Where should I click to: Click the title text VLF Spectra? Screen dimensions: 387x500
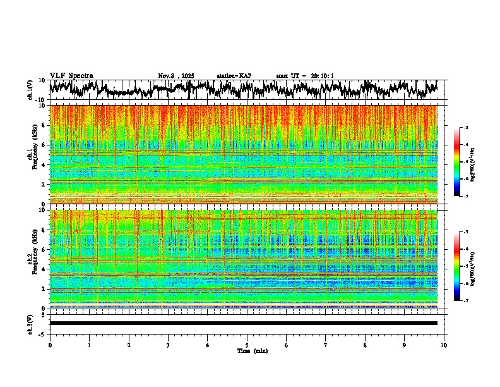tap(71, 75)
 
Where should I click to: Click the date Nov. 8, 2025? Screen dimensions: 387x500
tap(176, 76)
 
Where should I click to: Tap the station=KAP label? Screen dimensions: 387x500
tap(234, 76)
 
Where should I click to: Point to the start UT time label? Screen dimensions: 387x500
tap(305, 76)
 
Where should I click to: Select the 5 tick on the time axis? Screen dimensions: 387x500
tap(247, 345)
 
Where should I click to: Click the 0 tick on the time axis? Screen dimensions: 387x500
tap(50, 345)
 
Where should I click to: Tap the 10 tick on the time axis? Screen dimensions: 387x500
tap(444, 345)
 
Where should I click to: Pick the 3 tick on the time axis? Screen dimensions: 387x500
tap(168, 345)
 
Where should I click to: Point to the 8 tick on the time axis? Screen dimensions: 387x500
tap(365, 345)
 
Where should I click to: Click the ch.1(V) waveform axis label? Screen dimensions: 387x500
tap(30, 90)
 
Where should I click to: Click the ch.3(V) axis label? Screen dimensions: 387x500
tap(30, 323)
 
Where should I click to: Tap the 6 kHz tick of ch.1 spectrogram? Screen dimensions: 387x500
tap(44, 145)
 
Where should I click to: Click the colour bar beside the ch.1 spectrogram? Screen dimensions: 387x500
tap(464, 162)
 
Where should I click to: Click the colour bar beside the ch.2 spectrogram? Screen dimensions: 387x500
tap(464, 266)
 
